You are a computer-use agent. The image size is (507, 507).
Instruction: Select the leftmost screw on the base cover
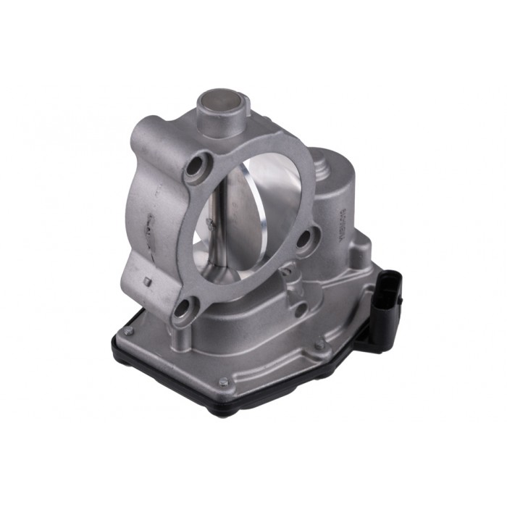pyautogui.click(x=127, y=332)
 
